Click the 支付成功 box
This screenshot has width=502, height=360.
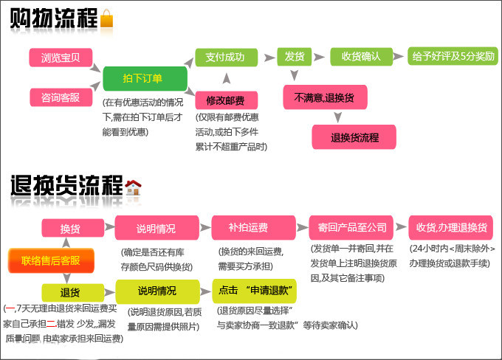tap(226, 58)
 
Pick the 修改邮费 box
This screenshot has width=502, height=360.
tap(226, 100)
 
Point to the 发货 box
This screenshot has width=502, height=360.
tap(295, 57)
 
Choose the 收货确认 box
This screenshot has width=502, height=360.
tap(360, 57)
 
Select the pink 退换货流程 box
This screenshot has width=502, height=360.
tap(354, 136)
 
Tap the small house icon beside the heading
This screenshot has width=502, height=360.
tap(134, 187)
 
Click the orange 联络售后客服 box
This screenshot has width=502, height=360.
tap(50, 260)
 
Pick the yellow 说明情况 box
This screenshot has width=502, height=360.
tap(157, 290)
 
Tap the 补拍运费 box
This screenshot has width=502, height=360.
tap(248, 228)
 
